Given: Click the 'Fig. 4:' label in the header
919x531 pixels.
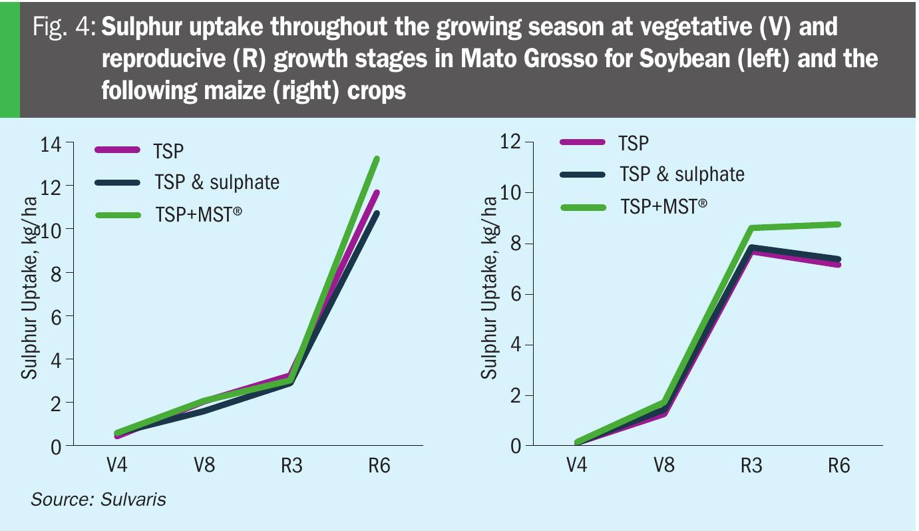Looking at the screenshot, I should (65, 28).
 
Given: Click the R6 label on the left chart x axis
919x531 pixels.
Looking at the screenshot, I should (379, 465).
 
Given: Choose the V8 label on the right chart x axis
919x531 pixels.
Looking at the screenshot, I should (664, 464).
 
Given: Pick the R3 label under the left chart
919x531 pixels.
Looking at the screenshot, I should (291, 465).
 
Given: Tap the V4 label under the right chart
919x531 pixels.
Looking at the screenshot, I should (576, 464).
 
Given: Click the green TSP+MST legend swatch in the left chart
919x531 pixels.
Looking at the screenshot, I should (118, 215).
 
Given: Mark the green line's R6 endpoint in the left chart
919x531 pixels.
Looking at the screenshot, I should (377, 159).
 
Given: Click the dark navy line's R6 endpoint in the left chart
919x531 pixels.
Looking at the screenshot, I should (377, 214).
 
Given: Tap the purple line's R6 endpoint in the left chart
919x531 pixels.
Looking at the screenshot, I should (377, 193).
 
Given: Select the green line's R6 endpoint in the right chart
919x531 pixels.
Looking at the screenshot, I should (839, 224).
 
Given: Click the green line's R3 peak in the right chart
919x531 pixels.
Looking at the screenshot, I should (752, 228).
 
